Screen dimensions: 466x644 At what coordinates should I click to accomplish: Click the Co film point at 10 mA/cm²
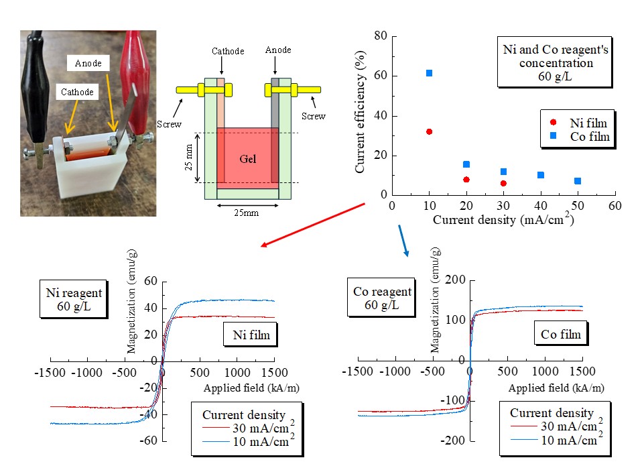[429, 73]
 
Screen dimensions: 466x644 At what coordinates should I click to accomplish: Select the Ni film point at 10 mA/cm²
[429, 131]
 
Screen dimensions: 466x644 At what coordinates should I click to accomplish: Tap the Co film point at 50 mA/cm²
[578, 181]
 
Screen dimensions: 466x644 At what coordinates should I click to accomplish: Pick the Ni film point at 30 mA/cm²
[503, 183]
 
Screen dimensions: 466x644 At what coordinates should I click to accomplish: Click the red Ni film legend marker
[553, 122]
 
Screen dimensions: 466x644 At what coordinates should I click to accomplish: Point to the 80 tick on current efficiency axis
[379, 36]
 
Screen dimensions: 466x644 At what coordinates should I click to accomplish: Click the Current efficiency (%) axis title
[361, 115]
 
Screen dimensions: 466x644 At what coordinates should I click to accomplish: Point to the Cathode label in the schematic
[228, 51]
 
